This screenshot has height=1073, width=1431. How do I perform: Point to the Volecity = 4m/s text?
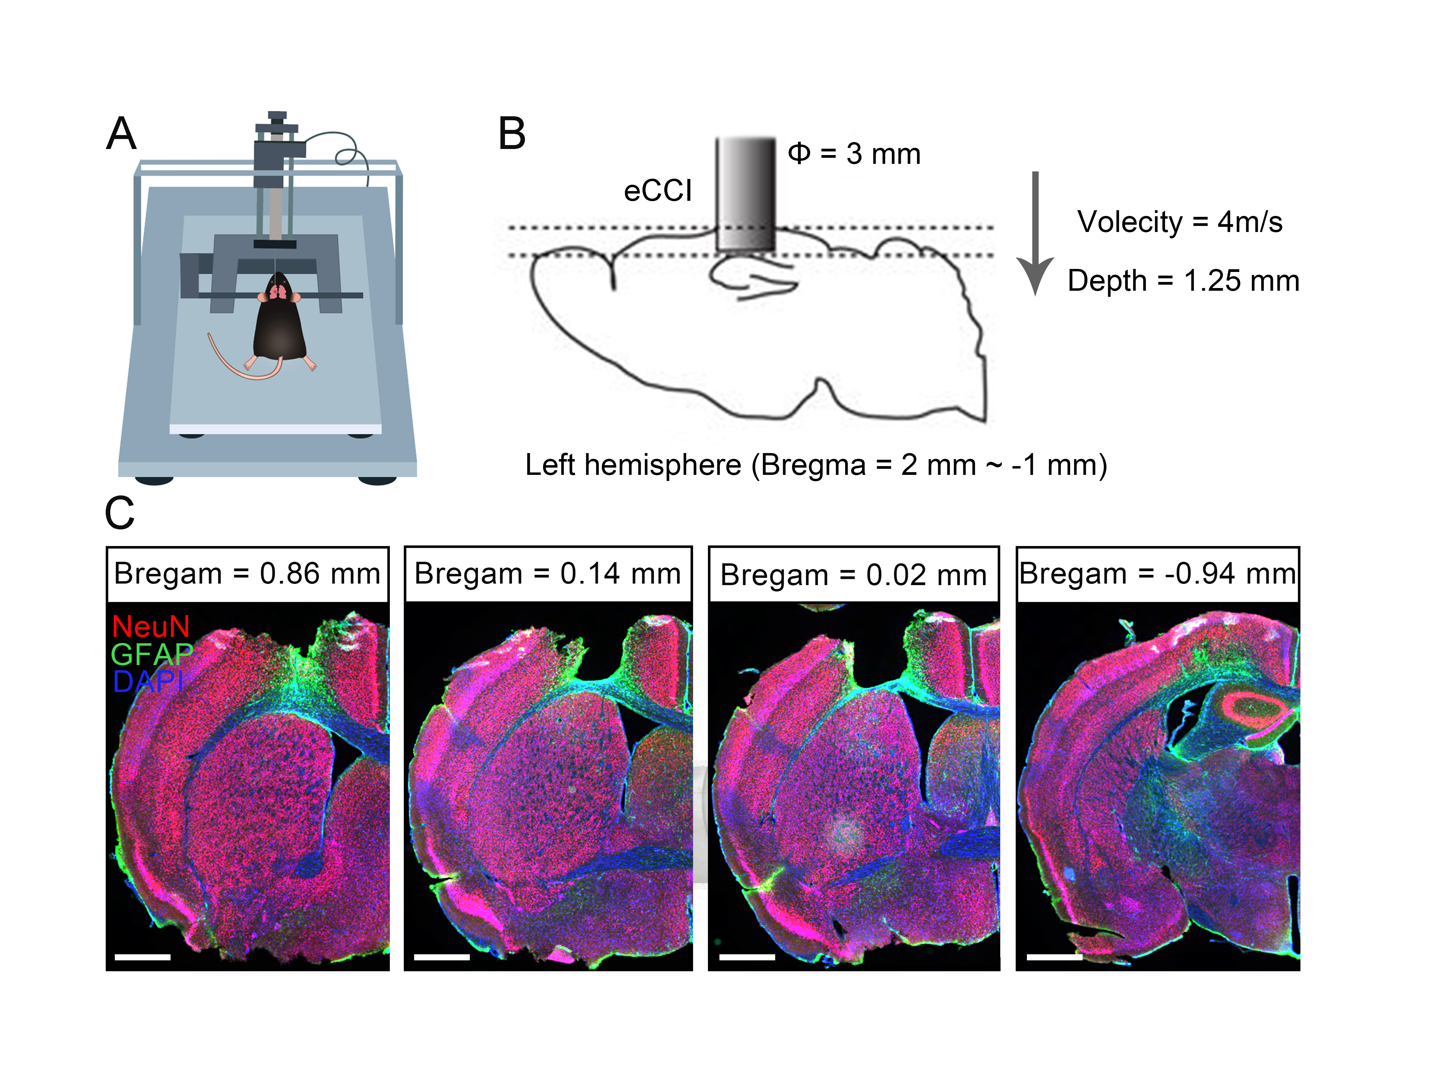(1179, 222)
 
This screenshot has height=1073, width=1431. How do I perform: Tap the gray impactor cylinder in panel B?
(745, 194)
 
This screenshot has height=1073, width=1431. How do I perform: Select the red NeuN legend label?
(151, 626)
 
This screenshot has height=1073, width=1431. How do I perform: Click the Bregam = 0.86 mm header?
(247, 574)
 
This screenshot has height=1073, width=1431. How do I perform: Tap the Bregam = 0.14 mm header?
(547, 574)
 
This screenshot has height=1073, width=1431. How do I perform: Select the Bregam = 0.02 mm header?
(853, 575)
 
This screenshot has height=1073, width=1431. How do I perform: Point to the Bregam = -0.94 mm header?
(1157, 574)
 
